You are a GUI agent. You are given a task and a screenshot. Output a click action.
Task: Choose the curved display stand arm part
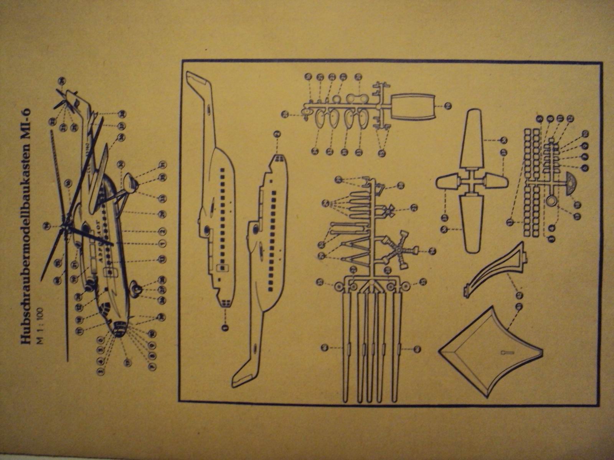tap(495, 268)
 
